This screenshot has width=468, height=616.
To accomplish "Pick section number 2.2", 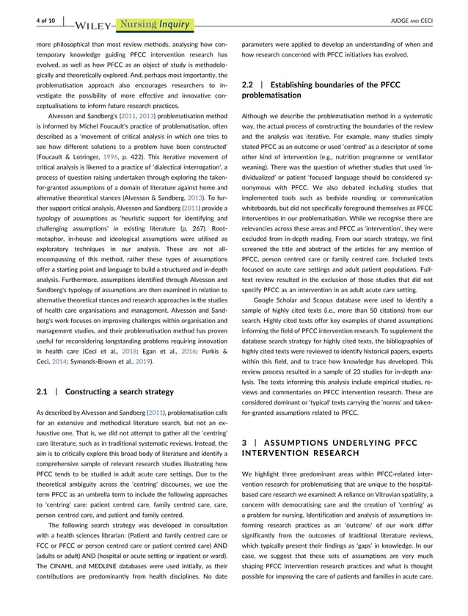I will (251, 85).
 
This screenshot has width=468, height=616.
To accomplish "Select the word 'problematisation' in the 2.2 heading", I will (272, 95).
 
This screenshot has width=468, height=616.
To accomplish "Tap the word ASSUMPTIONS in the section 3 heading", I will (301, 443).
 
